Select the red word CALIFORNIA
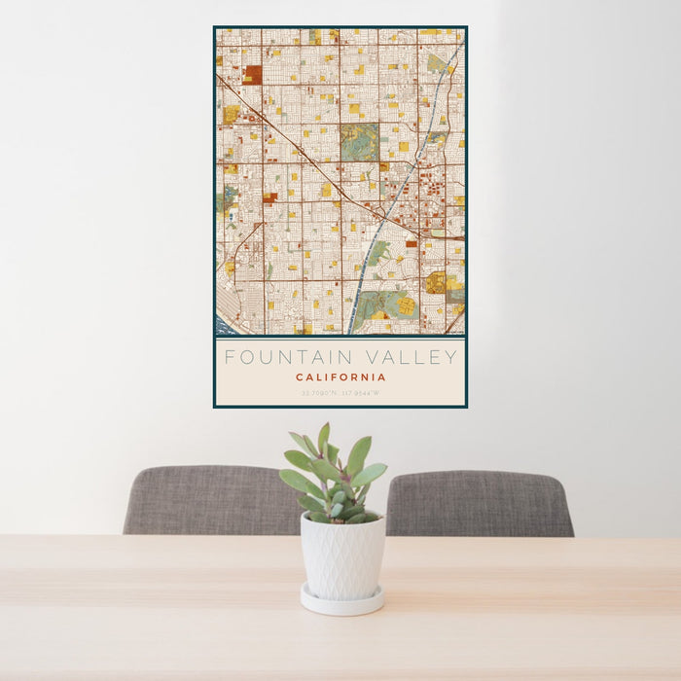[x=340, y=377]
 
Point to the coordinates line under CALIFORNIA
[x=340, y=393]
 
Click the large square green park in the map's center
[x=359, y=142]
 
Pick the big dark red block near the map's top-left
[x=253, y=74]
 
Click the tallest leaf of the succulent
[x=323, y=438]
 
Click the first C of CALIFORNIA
[x=300, y=377]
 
